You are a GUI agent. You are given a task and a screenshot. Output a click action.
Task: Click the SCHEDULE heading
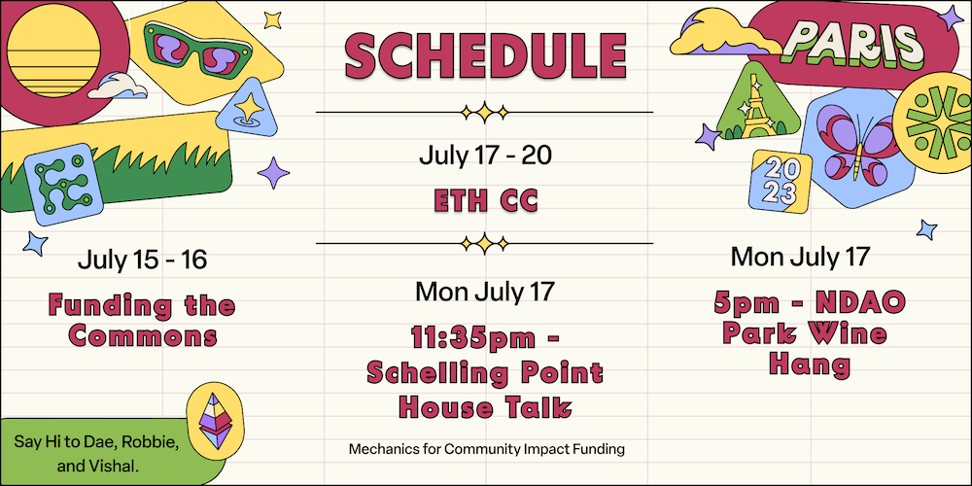click(485, 56)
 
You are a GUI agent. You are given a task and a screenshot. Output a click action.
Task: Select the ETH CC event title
click(485, 201)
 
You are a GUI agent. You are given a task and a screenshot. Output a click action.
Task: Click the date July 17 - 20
click(485, 156)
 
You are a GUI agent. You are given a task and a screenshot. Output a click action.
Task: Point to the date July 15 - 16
click(142, 260)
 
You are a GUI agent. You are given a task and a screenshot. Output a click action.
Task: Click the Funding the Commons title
click(142, 322)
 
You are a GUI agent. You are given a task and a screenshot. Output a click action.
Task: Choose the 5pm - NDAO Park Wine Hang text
click(809, 333)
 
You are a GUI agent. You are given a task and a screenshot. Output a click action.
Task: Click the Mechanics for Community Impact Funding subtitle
click(485, 449)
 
